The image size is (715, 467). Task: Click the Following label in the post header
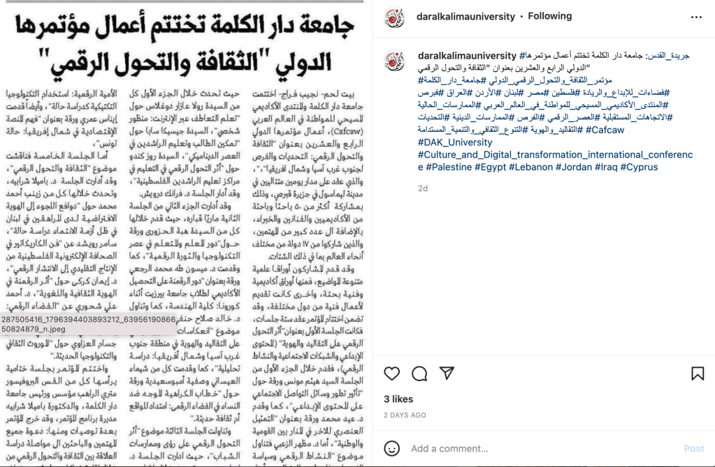tap(549, 16)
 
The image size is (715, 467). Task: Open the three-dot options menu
tap(696, 16)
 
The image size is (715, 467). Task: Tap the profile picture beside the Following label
tap(394, 17)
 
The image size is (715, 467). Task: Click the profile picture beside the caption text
tap(394, 61)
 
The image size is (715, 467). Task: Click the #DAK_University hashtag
tap(455, 142)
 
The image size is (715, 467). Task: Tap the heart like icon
tap(392, 373)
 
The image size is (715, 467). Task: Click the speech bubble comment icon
tap(419, 373)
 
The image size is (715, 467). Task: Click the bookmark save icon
tap(697, 373)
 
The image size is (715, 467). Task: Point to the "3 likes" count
tap(398, 399)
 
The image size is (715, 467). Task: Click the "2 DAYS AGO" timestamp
tap(405, 415)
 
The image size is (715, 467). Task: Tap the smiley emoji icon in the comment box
tap(393, 448)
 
